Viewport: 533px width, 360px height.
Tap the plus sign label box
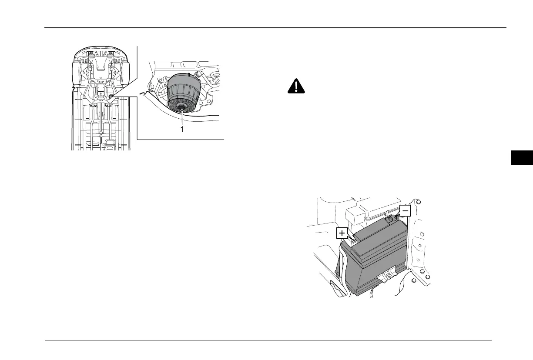(x=342, y=233)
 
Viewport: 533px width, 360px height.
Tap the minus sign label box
(x=405, y=211)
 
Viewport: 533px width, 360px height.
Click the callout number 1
(x=182, y=129)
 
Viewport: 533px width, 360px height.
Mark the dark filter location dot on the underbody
(x=112, y=96)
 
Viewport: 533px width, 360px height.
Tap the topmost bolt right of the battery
(x=418, y=202)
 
